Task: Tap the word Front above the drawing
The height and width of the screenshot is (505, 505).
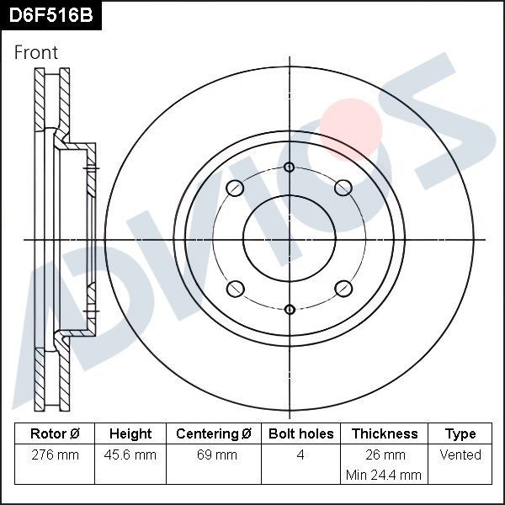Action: (36, 52)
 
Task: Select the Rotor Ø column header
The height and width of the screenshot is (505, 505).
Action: (55, 433)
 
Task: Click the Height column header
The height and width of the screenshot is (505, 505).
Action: (130, 433)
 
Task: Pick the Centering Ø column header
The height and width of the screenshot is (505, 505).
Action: (214, 433)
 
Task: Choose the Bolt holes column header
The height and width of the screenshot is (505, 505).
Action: (300, 433)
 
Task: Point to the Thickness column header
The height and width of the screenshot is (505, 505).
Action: (384, 433)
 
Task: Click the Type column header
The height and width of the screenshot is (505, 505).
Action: (460, 433)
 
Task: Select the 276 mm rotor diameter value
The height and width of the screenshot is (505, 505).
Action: (55, 454)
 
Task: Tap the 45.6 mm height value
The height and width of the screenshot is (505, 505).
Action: (130, 454)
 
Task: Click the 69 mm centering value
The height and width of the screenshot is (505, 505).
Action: (214, 454)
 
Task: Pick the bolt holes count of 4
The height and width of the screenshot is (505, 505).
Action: (300, 454)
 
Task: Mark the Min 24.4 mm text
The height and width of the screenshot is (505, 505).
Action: (384, 475)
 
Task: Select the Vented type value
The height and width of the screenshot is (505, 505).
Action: (460, 454)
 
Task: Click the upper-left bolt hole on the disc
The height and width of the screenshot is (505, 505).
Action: (236, 188)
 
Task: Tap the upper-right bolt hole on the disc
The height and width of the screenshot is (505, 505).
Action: (343, 188)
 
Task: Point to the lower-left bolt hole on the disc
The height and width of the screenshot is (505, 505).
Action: (236, 289)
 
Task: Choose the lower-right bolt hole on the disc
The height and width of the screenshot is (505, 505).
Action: (343, 289)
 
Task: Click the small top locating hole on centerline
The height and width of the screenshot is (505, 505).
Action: (290, 167)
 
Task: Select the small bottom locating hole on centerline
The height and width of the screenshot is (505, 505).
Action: (290, 309)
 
